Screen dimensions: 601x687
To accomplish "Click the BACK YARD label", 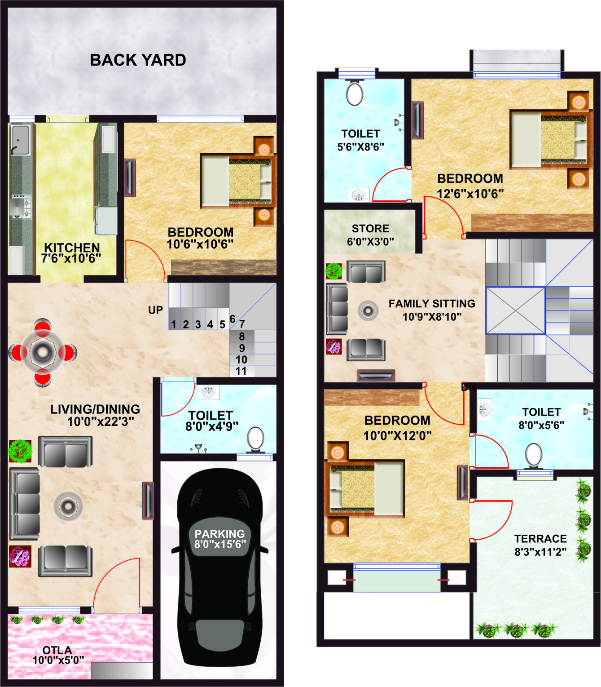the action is tap(138, 60).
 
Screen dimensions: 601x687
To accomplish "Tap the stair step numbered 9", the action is tap(241, 348).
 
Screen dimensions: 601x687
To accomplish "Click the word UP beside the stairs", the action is tap(156, 310).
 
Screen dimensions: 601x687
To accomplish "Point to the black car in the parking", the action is tap(219, 567).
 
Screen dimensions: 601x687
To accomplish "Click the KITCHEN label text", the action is tap(72, 248).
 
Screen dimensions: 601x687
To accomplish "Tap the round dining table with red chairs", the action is tap(43, 353).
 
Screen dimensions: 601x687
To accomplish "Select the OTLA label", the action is tap(57, 650).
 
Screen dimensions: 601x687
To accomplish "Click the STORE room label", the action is tap(370, 228).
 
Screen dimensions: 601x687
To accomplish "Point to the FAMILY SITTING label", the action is tap(432, 304).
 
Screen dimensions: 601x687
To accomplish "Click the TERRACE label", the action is tap(541, 539).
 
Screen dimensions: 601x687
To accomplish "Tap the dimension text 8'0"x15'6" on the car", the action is tap(220, 544).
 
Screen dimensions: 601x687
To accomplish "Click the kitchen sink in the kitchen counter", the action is tap(20, 140).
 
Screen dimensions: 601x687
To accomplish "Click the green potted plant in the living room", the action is tap(20, 452).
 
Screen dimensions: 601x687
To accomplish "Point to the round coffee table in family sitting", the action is tap(368, 311).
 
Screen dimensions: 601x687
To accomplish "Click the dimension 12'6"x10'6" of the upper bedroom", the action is tap(470, 194).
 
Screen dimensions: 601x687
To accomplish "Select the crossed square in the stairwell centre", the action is tap(515, 310).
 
